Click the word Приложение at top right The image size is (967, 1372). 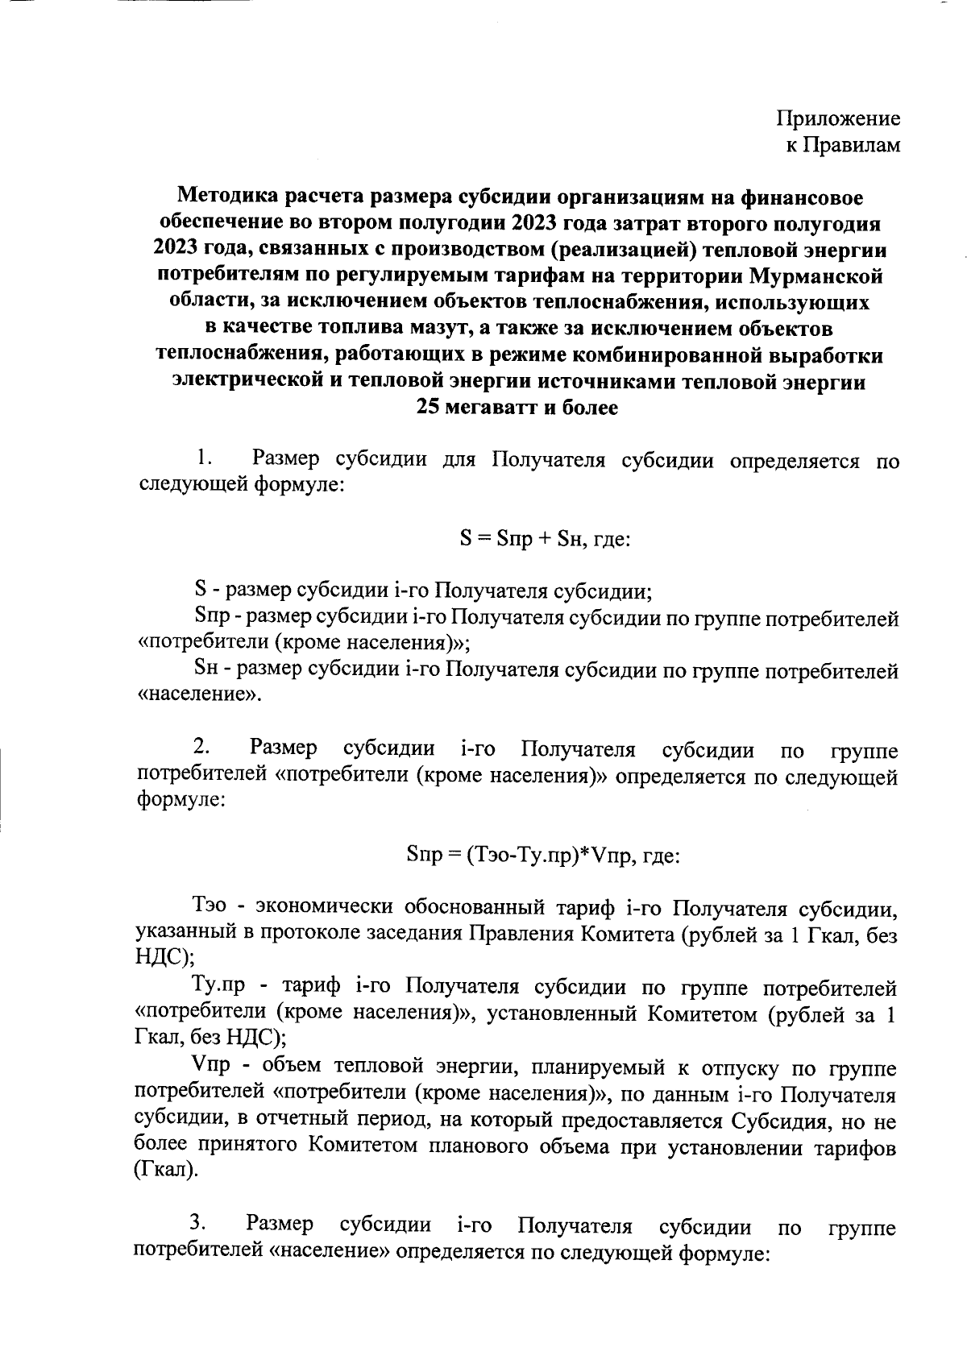tap(838, 119)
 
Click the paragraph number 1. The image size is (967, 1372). tap(203, 459)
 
